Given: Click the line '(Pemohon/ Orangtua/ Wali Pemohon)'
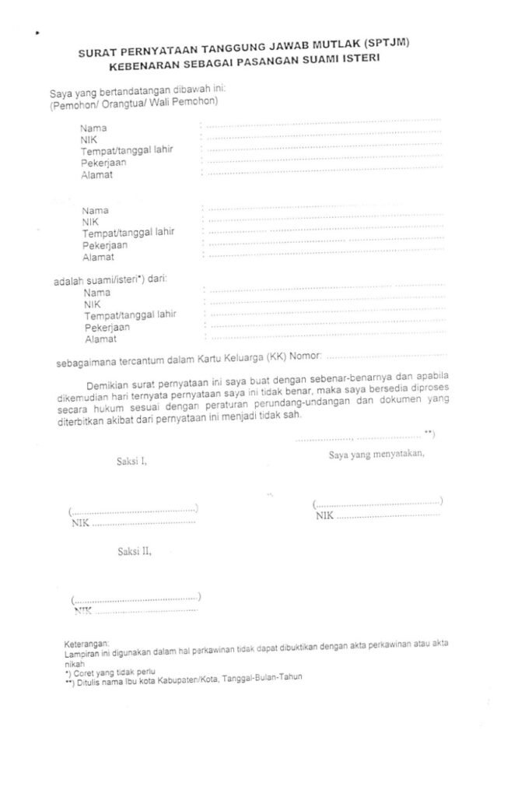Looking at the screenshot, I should pos(133,103).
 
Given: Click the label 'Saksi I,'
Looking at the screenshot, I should pos(132,461).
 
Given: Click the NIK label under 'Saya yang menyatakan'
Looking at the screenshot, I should pos(324,515).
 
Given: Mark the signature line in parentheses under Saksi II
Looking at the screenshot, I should pos(136,599).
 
